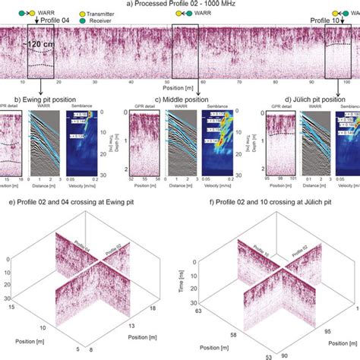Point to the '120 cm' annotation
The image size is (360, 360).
coord(39,45)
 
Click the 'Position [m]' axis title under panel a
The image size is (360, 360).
coord(180,90)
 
